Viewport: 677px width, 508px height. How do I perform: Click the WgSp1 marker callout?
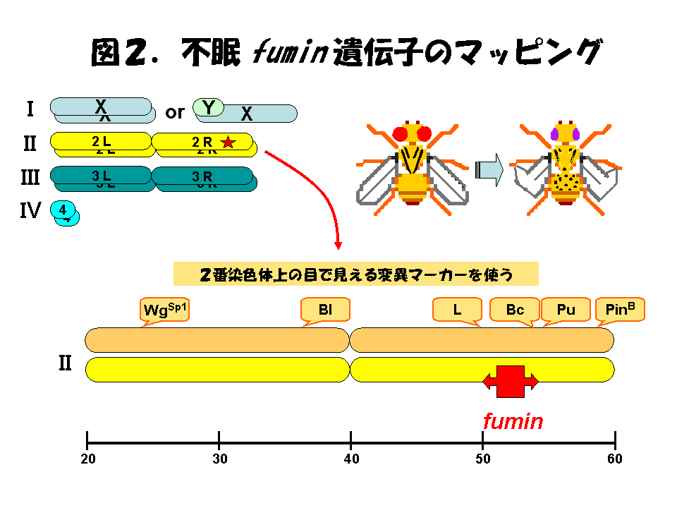(x=166, y=310)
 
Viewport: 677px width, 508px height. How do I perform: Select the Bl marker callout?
(x=325, y=310)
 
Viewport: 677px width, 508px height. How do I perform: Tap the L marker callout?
(x=457, y=310)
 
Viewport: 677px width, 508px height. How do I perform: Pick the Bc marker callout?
(x=515, y=310)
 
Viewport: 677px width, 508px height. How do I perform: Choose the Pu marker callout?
(x=566, y=310)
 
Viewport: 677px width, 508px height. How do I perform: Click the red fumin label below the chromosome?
(x=513, y=422)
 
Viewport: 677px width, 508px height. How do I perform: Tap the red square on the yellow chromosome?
(x=511, y=382)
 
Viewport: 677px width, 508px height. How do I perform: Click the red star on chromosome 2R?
(x=228, y=142)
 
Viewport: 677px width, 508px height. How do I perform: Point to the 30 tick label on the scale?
(x=219, y=459)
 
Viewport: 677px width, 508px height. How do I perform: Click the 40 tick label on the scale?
(x=351, y=459)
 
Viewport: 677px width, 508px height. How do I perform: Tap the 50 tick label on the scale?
(x=483, y=459)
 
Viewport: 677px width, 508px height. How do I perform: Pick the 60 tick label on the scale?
(x=615, y=459)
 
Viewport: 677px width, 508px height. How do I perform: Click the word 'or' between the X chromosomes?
(x=174, y=111)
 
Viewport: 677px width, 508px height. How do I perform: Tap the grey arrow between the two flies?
(x=489, y=170)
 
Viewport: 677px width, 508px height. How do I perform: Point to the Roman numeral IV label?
(x=30, y=210)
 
